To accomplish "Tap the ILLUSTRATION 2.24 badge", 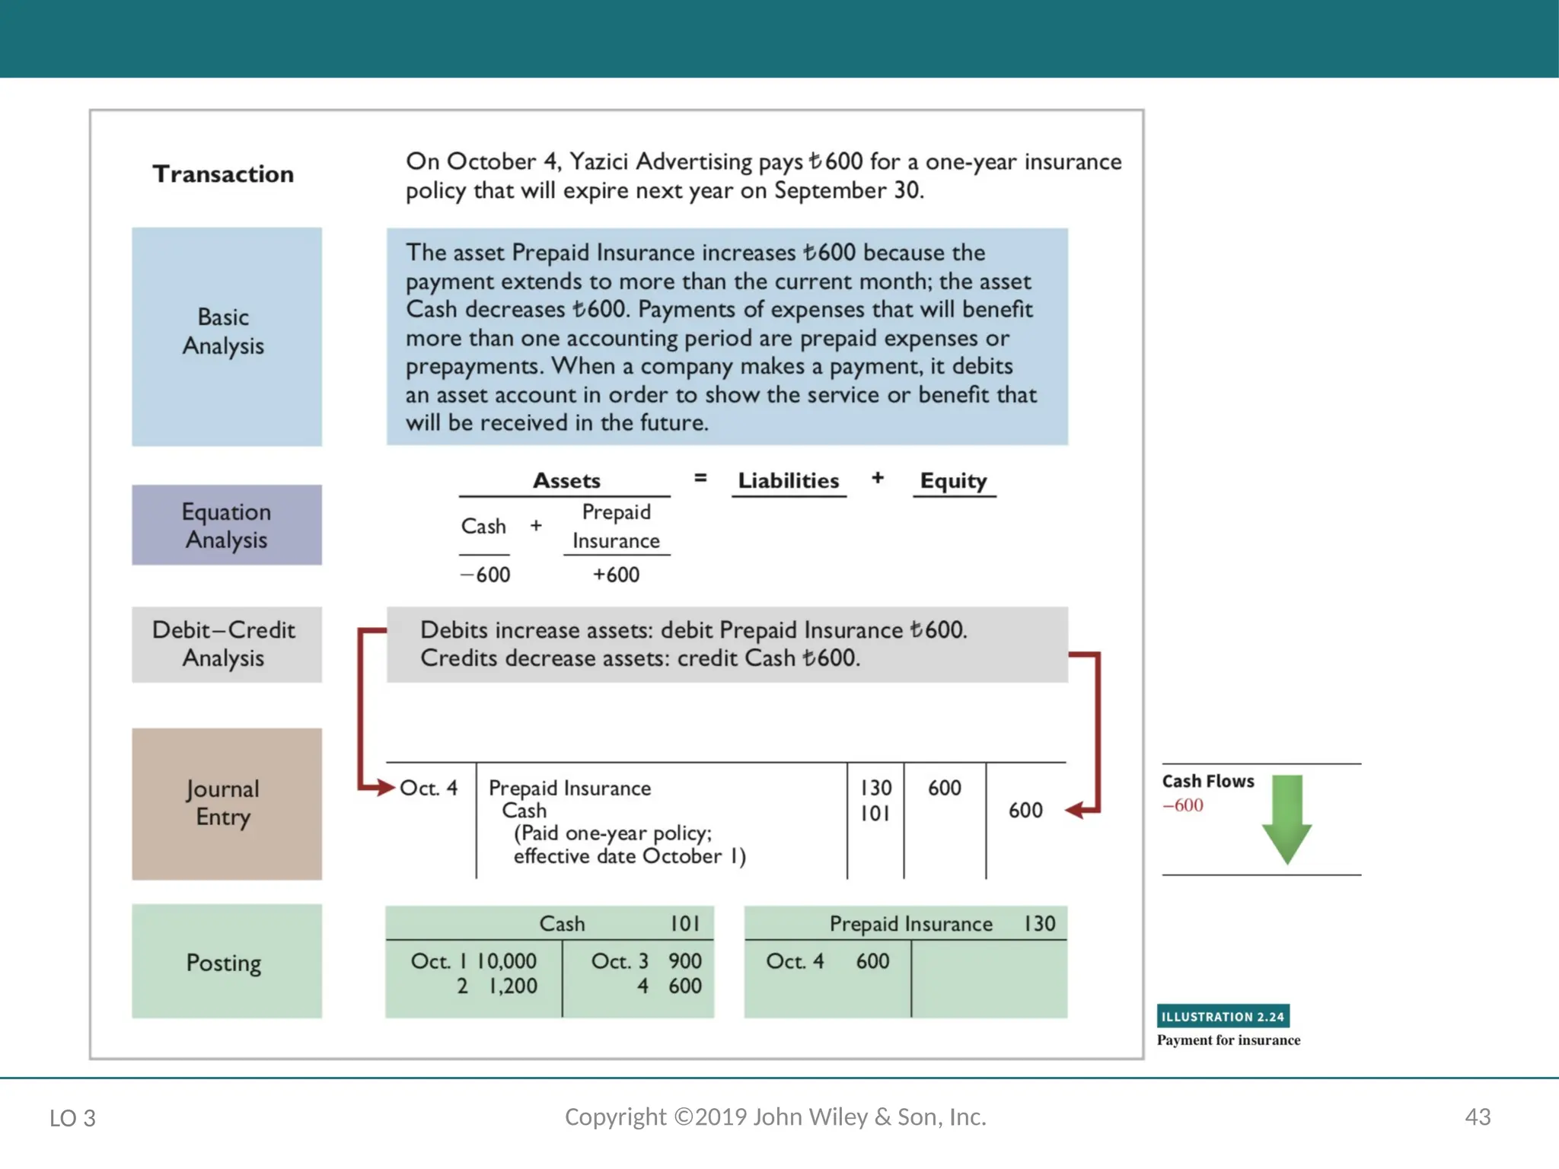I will (x=1223, y=1016).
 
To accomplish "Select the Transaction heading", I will (x=223, y=174).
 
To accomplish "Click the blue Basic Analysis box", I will (x=226, y=336).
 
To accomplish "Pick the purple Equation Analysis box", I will (x=226, y=525).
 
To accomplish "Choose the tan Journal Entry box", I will (x=226, y=804).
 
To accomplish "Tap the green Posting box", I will (x=226, y=961).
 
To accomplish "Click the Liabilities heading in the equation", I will (x=789, y=481).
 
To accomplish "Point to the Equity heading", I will (x=953, y=481).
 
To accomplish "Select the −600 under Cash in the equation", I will (x=486, y=575).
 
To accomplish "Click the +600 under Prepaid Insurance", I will (x=616, y=575).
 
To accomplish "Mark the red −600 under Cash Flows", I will (x=1183, y=805).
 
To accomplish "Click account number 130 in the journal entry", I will (x=875, y=788).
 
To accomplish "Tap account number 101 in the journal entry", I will (x=875, y=814).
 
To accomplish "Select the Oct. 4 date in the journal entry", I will (x=429, y=788).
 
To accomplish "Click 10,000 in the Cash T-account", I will (x=506, y=961).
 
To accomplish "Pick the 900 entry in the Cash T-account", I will (x=684, y=961).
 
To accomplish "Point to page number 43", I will (x=1478, y=1117).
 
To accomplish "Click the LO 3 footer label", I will (x=72, y=1118).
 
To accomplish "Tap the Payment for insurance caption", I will (x=1228, y=1040).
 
